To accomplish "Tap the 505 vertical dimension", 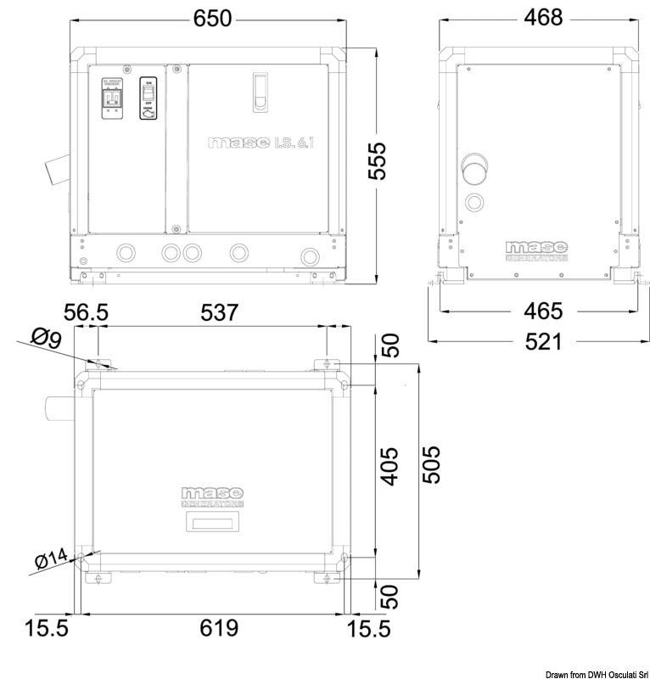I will click(x=432, y=464).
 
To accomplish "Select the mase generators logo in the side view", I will click(x=536, y=250).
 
